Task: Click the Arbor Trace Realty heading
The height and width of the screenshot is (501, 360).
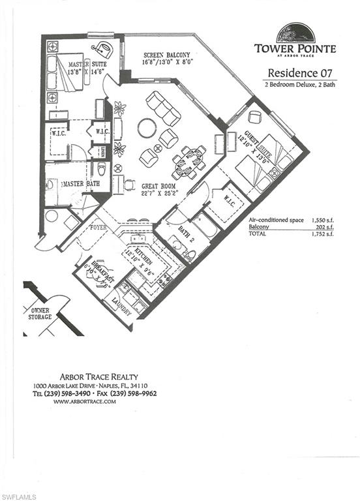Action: click(96, 376)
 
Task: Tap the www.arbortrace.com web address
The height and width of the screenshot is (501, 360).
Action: click(85, 401)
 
